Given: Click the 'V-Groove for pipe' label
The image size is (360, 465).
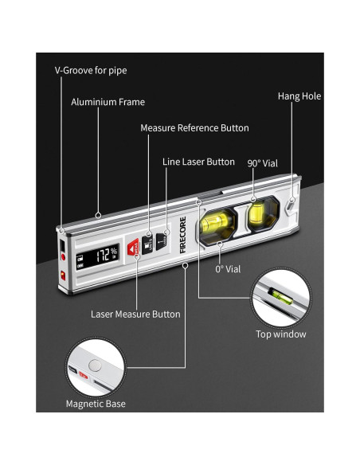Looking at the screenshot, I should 91,71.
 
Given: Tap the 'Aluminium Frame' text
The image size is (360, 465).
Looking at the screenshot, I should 108,102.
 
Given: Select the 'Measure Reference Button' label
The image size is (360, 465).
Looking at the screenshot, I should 194,128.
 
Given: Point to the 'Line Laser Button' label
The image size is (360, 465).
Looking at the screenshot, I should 198,162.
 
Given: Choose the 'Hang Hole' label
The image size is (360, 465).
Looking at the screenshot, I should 299,96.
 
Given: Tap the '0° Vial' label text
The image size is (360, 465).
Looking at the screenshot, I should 228,269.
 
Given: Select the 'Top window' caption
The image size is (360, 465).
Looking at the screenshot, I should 280,334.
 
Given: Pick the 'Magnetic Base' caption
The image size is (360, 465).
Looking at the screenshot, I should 96,404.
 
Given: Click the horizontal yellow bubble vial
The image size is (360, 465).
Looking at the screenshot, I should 218,225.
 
